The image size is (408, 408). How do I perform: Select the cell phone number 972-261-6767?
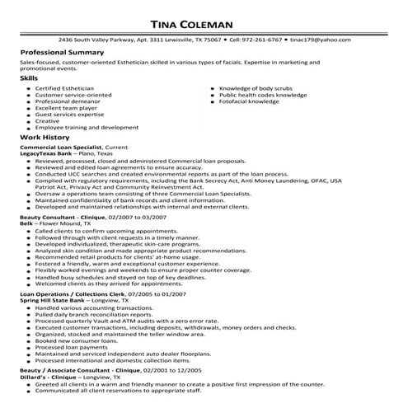(263, 39)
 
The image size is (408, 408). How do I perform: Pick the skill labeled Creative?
(48, 121)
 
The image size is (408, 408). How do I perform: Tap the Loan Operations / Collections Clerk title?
(72, 293)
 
